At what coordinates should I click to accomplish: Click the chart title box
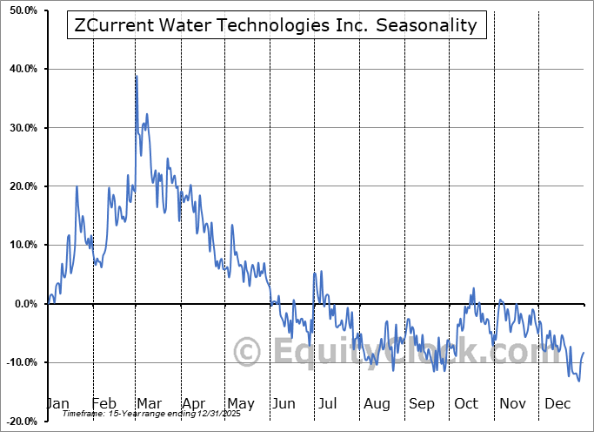[x=277, y=25]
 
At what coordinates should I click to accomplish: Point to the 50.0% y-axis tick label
[x=21, y=10]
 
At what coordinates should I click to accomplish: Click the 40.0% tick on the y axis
[x=21, y=69]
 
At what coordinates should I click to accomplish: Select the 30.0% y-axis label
[x=21, y=128]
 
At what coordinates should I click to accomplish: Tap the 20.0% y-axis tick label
[x=21, y=186]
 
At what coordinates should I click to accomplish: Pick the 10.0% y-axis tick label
[x=21, y=245]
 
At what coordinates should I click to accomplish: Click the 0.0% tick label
[x=23, y=304]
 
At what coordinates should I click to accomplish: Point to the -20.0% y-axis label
[x=19, y=421]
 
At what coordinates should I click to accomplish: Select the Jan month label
[x=57, y=403]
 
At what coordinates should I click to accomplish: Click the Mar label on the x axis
[x=149, y=403]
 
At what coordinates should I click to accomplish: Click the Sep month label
[x=422, y=403]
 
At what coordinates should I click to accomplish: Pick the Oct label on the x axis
[x=466, y=403]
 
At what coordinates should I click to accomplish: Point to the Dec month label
[x=557, y=403]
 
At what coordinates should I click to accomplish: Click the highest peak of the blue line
[x=136, y=76]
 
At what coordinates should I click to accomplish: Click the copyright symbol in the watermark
[x=248, y=352]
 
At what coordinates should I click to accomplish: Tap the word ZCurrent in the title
[x=112, y=25]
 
